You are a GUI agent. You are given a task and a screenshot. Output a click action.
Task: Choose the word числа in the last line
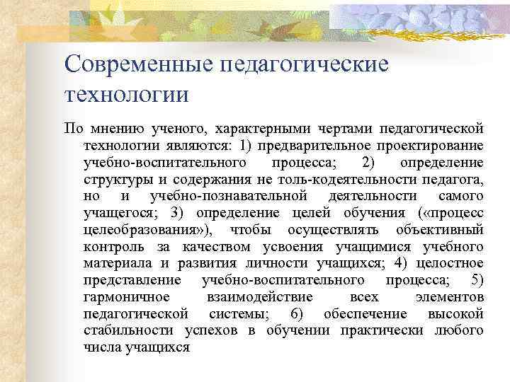click(x=103, y=347)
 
